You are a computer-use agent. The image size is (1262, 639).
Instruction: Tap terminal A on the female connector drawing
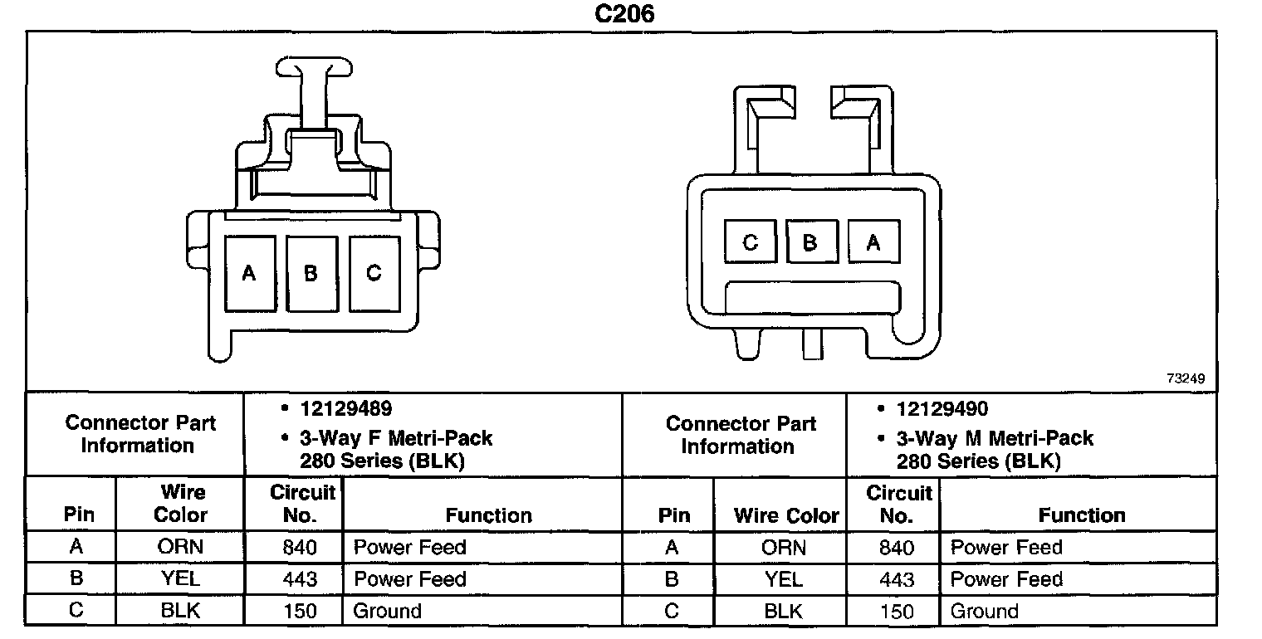tap(249, 273)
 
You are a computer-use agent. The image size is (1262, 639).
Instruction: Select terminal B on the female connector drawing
tap(311, 273)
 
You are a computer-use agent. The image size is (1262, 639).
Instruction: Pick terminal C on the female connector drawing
tap(374, 273)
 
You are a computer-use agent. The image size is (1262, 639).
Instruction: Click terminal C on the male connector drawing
tap(750, 242)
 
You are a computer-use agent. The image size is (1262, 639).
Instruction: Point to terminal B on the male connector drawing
tap(811, 242)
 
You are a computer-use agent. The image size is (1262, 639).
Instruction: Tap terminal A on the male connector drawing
tap(873, 242)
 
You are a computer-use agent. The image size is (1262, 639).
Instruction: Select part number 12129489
tap(346, 409)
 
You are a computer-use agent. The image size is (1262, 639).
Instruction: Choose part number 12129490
tap(942, 409)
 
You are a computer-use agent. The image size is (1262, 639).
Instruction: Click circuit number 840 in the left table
tap(300, 548)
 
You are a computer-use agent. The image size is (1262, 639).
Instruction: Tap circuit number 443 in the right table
tap(896, 579)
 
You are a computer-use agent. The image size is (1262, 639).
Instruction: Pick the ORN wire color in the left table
tap(180, 548)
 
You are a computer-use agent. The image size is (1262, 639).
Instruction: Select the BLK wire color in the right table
tap(783, 612)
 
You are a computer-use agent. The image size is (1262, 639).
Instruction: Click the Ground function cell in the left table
tap(388, 612)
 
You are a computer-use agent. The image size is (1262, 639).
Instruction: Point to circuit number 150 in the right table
tap(896, 612)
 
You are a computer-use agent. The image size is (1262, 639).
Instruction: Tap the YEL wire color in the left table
tap(180, 579)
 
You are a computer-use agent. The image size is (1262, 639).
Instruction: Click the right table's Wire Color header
tap(786, 515)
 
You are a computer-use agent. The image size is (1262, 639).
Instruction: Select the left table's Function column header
tap(489, 515)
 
